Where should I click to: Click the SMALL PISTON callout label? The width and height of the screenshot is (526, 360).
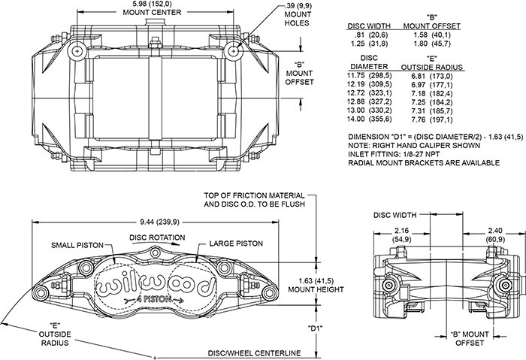tap(77, 245)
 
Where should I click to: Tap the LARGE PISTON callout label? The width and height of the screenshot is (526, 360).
tap(236, 244)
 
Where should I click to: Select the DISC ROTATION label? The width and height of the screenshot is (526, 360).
tap(157, 237)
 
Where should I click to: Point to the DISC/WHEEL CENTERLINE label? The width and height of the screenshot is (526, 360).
tap(254, 353)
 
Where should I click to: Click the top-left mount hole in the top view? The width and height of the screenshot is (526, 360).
tap(77, 51)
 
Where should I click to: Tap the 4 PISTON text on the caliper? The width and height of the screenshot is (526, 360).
tap(154, 300)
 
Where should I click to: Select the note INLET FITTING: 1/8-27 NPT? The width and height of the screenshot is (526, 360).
tap(394, 154)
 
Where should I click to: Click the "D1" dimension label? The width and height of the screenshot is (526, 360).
tap(316, 328)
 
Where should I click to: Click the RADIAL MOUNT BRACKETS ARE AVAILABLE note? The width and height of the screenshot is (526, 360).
tap(424, 163)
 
